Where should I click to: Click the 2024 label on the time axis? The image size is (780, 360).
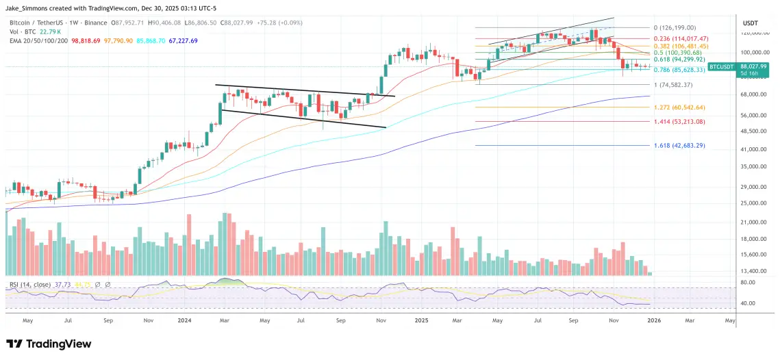(184, 320)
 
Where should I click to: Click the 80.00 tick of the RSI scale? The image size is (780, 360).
(748, 282)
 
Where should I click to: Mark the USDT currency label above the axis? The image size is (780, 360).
(751, 23)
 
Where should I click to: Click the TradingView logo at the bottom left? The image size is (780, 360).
(49, 344)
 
